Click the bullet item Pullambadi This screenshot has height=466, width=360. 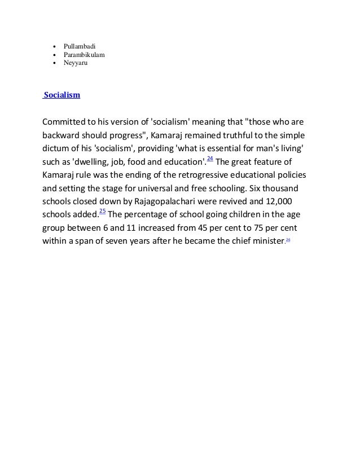click(80, 44)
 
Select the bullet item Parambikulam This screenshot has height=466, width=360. click(84, 54)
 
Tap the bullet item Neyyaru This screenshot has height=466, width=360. click(76, 64)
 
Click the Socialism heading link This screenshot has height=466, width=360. click(62, 95)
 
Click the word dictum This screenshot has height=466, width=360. click(57, 150)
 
